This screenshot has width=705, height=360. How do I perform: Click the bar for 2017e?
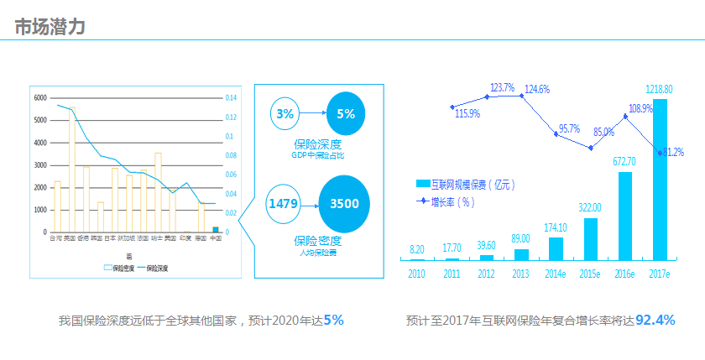(660, 180)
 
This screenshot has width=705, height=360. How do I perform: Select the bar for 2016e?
(624, 216)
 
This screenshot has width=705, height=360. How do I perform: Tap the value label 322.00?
(590, 207)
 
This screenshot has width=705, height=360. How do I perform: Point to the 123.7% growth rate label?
(502, 87)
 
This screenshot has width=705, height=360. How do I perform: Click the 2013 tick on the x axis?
(521, 274)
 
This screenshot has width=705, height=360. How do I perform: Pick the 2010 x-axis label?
(417, 274)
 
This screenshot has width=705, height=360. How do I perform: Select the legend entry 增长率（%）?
(452, 201)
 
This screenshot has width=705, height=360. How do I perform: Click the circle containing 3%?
(285, 114)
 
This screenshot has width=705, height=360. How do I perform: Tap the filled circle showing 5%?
(345, 114)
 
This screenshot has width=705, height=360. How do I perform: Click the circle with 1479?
(284, 204)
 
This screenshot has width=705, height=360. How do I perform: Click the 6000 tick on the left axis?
(40, 98)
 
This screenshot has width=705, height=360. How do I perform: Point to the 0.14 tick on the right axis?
(231, 98)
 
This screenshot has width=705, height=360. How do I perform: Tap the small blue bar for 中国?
(216, 229)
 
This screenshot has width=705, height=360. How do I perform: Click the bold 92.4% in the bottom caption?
(655, 321)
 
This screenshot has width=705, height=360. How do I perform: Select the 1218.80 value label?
(659, 88)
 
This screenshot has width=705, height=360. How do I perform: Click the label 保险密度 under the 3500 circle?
(311, 242)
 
